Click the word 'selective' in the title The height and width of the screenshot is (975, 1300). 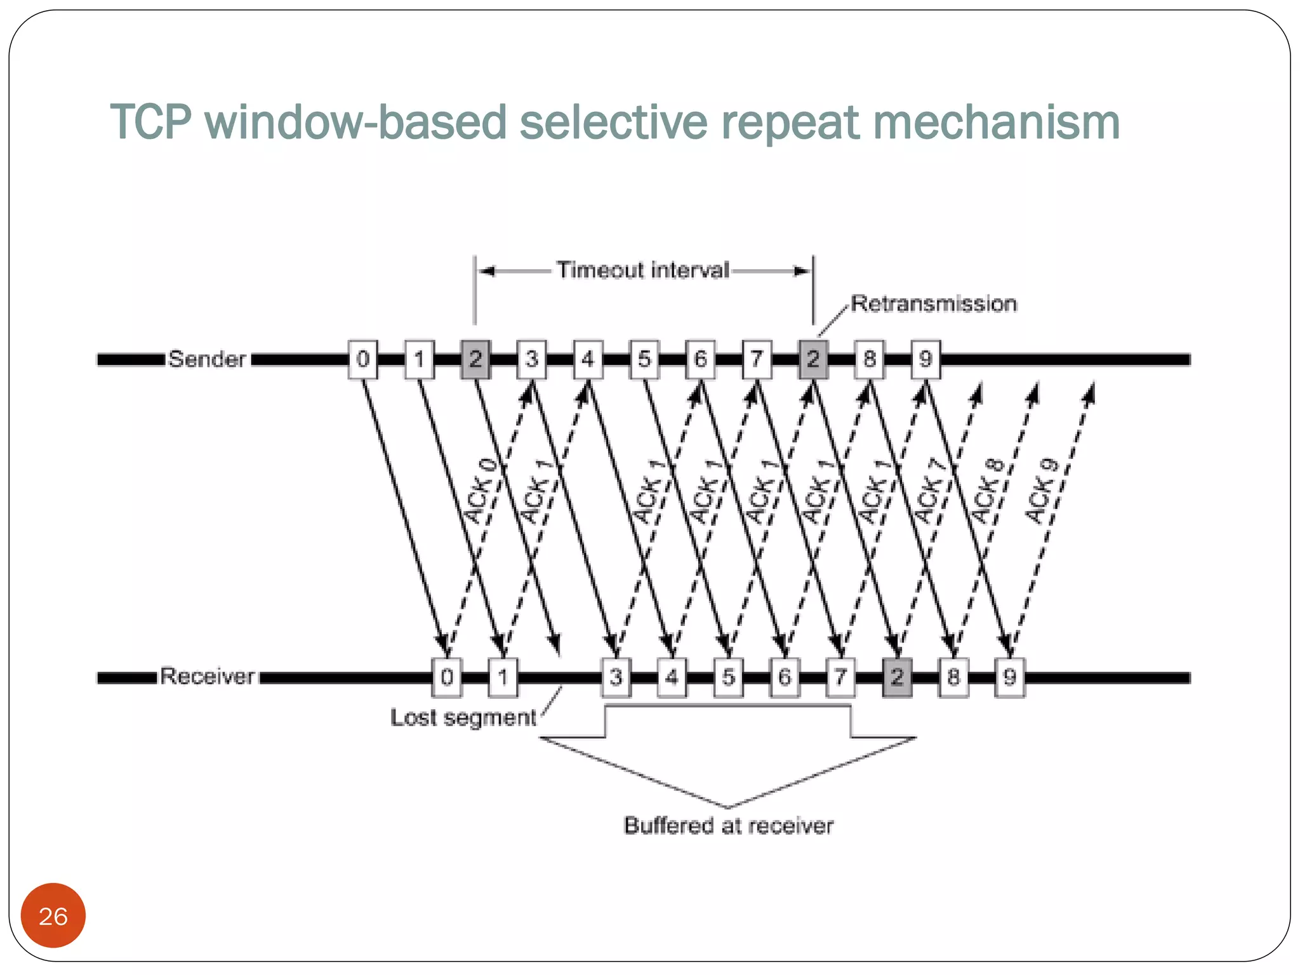(613, 122)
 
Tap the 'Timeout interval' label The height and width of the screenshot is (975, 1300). (643, 270)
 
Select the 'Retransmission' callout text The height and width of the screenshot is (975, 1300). (933, 303)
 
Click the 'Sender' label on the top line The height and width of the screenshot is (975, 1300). (207, 359)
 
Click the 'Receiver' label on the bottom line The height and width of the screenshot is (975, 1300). (207, 676)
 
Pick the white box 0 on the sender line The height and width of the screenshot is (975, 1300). (362, 359)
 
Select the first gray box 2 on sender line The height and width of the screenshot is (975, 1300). (475, 359)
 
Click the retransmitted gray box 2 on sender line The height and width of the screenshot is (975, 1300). (813, 359)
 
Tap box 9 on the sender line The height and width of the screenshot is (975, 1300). (925, 359)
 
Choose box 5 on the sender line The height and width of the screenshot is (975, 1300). (644, 359)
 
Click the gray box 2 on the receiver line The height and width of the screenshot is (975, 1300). (897, 677)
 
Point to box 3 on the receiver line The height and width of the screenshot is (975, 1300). (616, 677)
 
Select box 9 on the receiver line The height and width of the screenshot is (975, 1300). (1009, 677)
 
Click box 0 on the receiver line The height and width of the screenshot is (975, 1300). (447, 677)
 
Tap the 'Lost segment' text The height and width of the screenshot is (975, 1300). (463, 717)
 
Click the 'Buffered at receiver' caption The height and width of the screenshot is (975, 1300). (728, 825)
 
